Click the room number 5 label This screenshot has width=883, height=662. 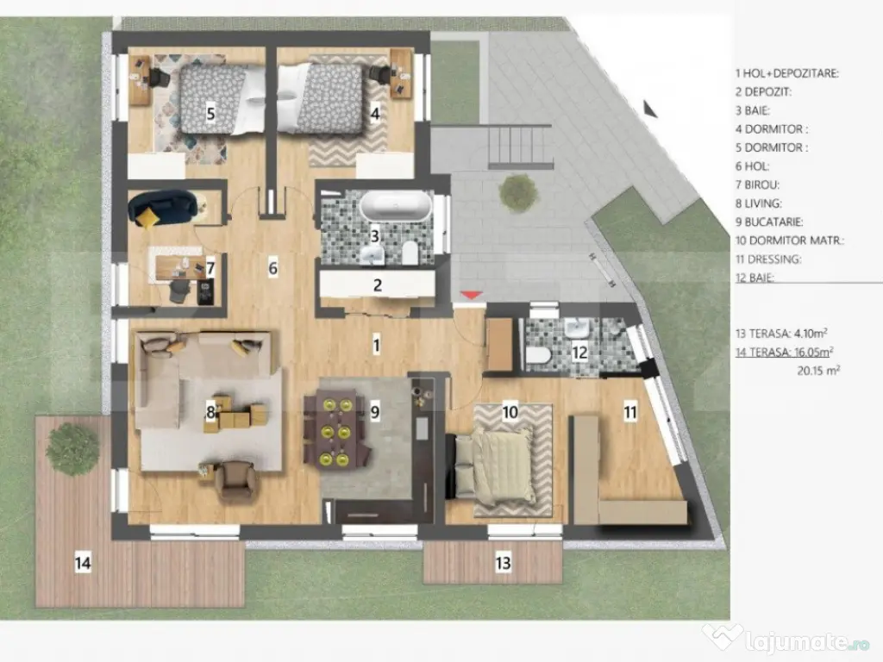click(x=210, y=112)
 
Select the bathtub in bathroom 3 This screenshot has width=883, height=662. click(x=395, y=207)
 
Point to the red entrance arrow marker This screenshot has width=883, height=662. click(x=470, y=296)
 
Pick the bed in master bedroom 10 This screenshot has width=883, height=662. click(x=499, y=466)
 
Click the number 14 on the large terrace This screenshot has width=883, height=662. click(x=82, y=564)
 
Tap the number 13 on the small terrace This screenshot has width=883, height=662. click(x=503, y=564)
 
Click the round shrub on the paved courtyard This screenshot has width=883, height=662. click(x=519, y=193)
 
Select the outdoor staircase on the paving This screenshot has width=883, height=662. click(x=520, y=147)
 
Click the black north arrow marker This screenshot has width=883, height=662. click(x=650, y=109)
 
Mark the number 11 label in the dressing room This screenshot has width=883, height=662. click(x=630, y=412)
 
